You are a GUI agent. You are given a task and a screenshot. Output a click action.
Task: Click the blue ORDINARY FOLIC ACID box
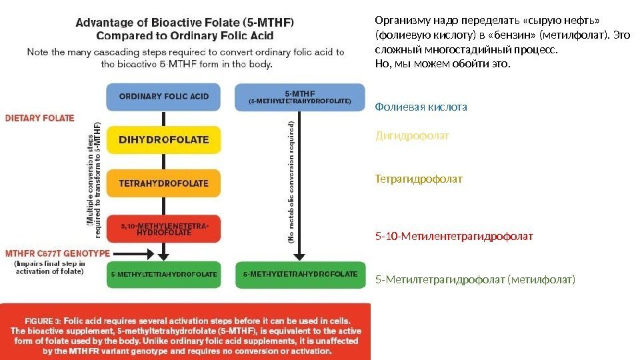point(163,96)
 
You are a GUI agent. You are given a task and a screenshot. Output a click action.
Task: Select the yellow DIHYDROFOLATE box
point(163,140)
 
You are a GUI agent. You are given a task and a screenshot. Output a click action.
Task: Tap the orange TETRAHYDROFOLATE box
point(163,183)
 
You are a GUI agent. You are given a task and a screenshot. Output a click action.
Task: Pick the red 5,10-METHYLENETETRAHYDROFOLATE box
point(163,229)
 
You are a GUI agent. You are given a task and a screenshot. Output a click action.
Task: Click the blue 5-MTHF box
point(300,97)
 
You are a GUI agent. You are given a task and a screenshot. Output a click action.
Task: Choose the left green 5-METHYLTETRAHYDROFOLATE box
point(163,274)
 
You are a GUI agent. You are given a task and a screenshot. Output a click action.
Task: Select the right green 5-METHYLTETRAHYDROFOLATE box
point(300,274)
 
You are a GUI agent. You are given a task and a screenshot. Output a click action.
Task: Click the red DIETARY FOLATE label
point(40,118)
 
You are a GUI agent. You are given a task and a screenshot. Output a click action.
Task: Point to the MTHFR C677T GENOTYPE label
point(57,253)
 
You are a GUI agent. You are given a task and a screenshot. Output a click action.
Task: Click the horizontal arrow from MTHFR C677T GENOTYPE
point(130,253)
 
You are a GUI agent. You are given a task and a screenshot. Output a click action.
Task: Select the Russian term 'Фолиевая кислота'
point(421,107)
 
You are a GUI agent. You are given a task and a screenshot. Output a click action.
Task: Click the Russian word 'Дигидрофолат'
point(413,135)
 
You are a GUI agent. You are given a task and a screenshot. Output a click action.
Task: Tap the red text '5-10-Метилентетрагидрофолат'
point(455,236)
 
